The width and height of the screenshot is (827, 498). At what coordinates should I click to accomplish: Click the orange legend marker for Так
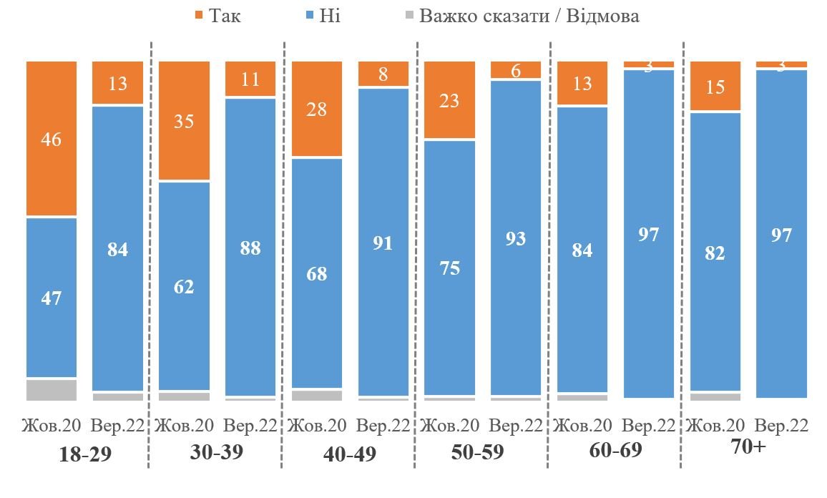198,15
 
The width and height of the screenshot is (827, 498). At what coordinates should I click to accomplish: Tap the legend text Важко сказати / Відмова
529,16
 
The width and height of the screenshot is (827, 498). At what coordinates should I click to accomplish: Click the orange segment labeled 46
52,138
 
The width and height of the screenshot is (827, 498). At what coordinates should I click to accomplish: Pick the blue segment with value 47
52,297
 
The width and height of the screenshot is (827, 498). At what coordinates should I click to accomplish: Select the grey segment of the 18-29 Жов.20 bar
52,390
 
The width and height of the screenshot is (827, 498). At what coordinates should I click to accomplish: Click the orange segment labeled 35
184,120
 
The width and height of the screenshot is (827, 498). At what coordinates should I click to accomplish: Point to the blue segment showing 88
250,247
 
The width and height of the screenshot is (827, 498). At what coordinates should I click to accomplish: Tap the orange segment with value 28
317,109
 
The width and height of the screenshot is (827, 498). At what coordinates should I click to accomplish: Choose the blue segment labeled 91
383,242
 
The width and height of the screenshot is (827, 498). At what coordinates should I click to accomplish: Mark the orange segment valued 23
449,100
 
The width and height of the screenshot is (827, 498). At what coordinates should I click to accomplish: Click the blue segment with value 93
516,238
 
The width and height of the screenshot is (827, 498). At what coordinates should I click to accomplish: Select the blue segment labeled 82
715,252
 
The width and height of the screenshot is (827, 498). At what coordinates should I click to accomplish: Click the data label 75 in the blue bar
449,268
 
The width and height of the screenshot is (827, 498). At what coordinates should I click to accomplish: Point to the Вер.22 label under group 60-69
649,426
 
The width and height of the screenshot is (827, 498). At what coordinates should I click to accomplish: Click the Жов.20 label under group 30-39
184,426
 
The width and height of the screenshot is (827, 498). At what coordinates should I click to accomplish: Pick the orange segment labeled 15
715,87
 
